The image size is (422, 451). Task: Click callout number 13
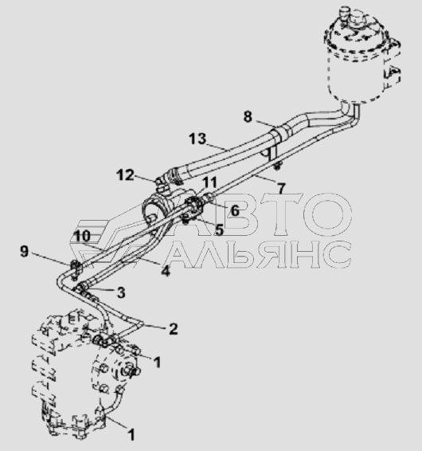coord(197,139)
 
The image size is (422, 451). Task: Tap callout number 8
coord(248,117)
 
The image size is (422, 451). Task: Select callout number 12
coord(125,175)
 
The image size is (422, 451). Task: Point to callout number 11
coord(209,182)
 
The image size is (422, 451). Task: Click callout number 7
coord(281,188)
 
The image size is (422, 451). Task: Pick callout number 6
coord(235,211)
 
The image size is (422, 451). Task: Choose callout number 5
coord(219,229)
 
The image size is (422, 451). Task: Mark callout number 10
coord(82,236)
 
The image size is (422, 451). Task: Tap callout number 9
coord(25,252)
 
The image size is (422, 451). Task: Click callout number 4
coord(166,271)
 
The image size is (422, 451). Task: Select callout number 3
coord(121,292)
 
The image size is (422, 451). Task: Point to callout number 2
coord(173,329)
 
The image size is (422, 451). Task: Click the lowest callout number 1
coord(131,434)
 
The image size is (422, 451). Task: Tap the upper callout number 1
coord(157,362)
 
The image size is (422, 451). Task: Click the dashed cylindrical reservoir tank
coord(361,55)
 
